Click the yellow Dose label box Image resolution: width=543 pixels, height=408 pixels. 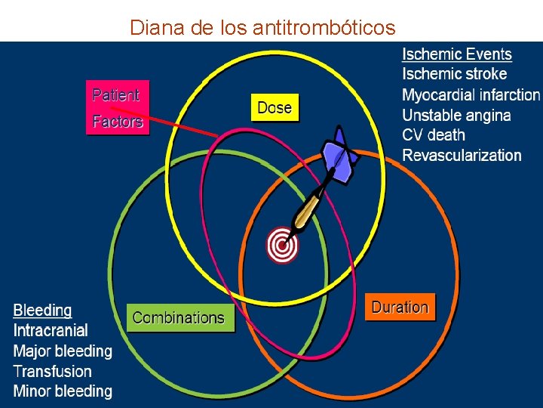(x=275, y=107)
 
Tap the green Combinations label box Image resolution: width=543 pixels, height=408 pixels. (x=179, y=318)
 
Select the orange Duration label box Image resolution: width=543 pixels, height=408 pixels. (x=400, y=308)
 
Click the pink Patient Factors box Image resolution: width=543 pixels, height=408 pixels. (x=117, y=107)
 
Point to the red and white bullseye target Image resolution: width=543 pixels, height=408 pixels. (x=283, y=245)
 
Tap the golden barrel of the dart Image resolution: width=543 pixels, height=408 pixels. (x=308, y=209)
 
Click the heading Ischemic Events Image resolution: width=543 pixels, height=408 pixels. (x=457, y=54)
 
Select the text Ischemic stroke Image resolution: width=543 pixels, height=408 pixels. (x=454, y=74)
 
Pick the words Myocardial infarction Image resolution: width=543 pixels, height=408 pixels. (x=471, y=94)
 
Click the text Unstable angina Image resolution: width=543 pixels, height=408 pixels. (x=456, y=115)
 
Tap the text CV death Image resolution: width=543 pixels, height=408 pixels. (x=434, y=135)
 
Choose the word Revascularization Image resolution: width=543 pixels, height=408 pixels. (x=462, y=156)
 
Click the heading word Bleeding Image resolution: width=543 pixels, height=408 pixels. (x=43, y=311)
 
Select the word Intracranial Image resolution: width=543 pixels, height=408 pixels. (x=51, y=330)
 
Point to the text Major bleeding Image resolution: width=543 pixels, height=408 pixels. (x=63, y=351)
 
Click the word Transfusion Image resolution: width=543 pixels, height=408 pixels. (x=53, y=371)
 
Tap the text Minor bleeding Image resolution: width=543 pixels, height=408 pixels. (x=63, y=391)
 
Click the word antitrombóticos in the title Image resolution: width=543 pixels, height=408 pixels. (x=324, y=28)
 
